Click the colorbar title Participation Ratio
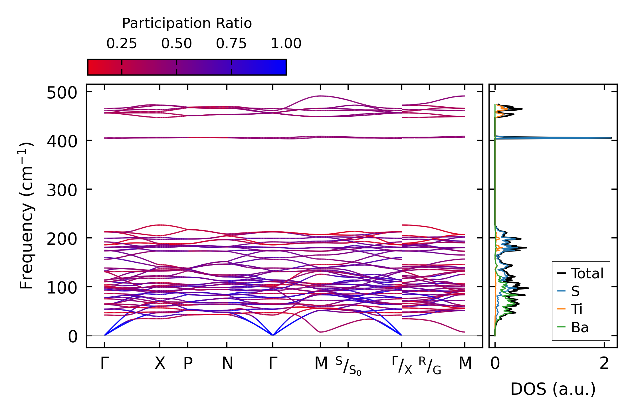click(187, 23)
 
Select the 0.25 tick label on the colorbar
click(122, 44)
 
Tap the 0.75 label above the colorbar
click(231, 44)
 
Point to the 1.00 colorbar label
click(286, 44)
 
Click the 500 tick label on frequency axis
click(62, 93)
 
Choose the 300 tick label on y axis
click(62, 190)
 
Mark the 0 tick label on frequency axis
click(73, 337)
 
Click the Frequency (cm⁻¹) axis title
click(27, 216)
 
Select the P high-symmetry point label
click(188, 364)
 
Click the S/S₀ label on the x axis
click(348, 366)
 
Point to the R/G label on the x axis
click(430, 366)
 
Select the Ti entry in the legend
click(577, 309)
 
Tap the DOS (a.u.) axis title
click(553, 389)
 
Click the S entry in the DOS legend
click(575, 291)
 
